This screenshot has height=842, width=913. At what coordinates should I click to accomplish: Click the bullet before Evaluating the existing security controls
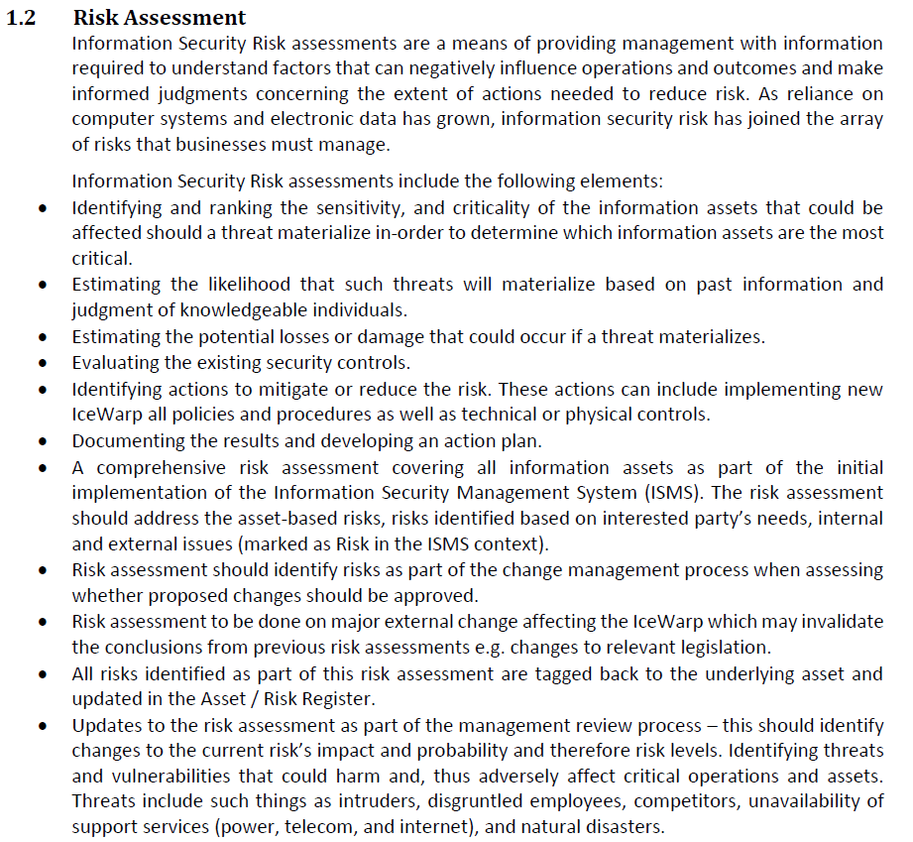(42, 363)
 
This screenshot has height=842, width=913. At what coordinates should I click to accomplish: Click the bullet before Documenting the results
(42, 440)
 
